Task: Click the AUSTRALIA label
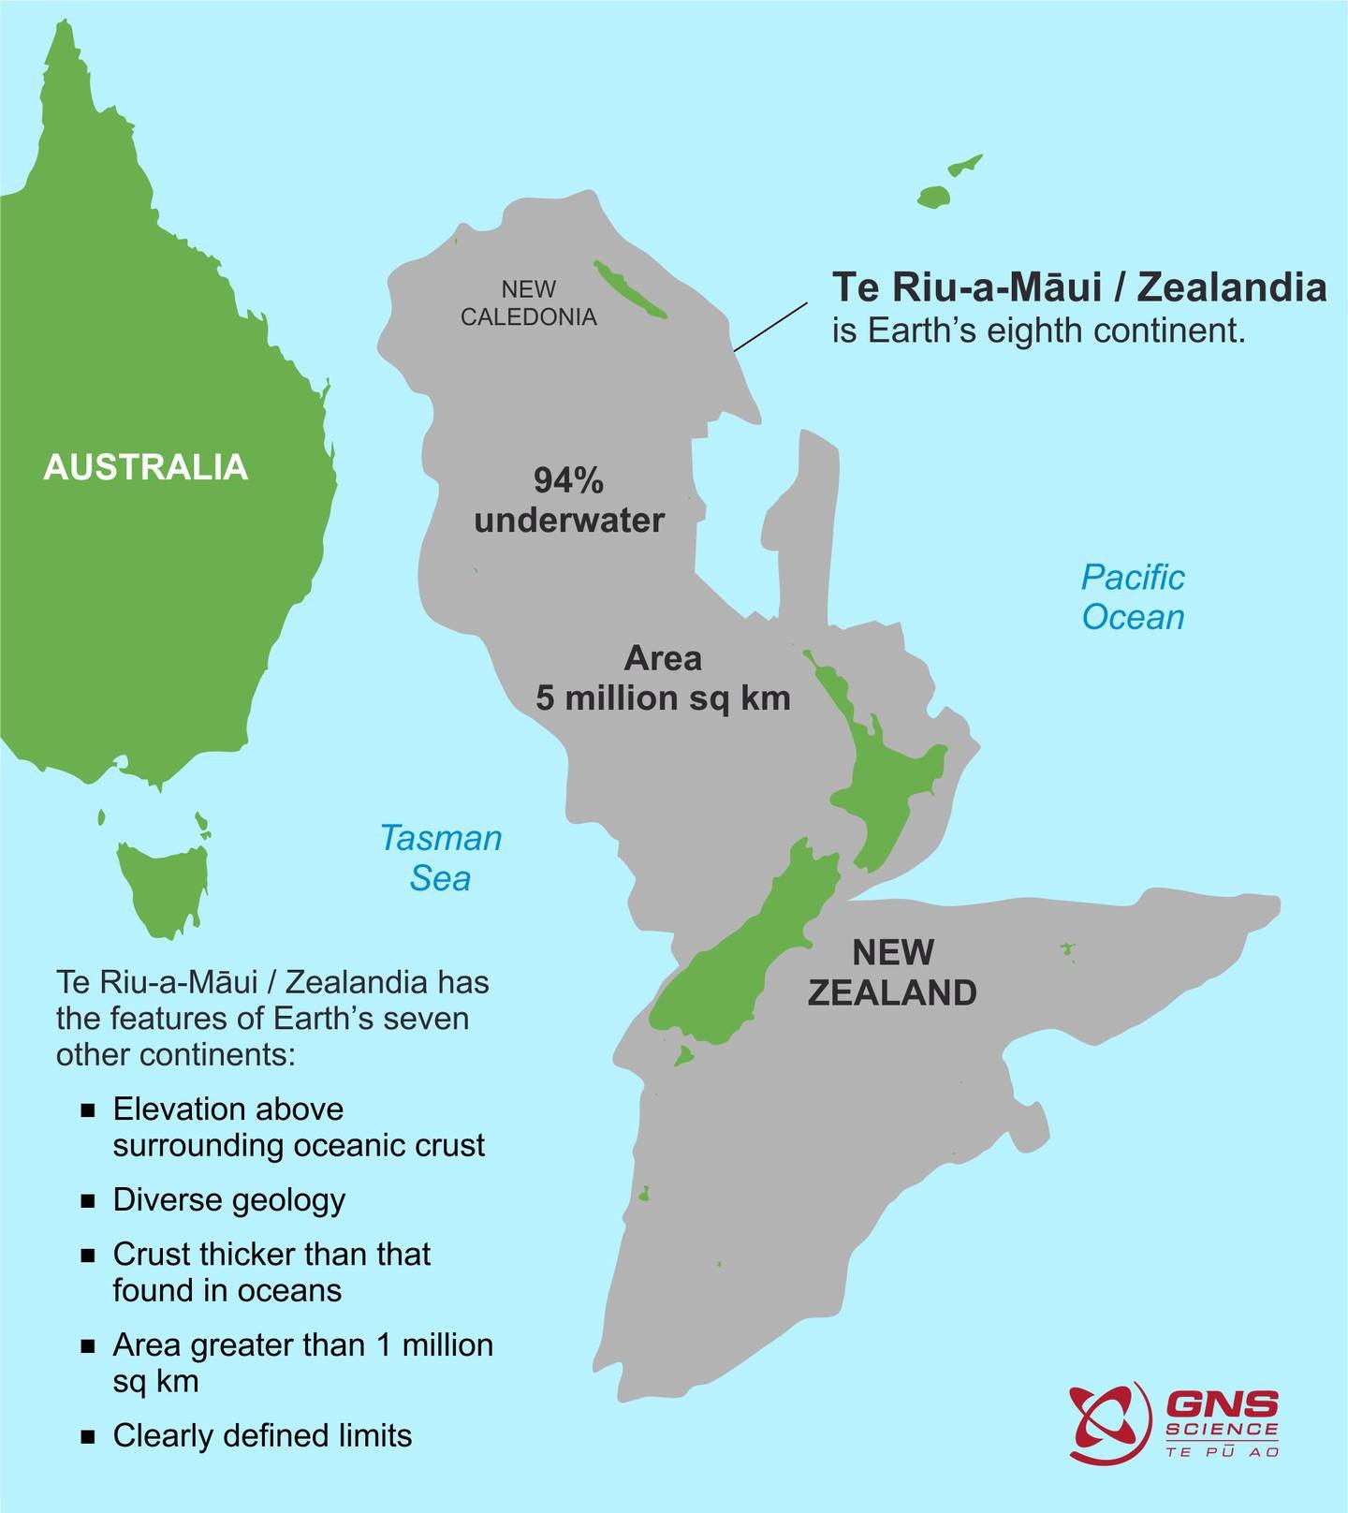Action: click(x=146, y=467)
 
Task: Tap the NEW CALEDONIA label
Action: click(x=528, y=302)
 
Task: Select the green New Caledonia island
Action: click(x=629, y=289)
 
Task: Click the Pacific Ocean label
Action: click(x=1133, y=597)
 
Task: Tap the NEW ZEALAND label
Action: click(x=892, y=972)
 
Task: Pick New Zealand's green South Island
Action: click(x=740, y=964)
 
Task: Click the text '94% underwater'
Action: click(x=568, y=500)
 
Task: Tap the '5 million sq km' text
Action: click(x=663, y=698)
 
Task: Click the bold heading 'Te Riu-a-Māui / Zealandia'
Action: click(x=1079, y=287)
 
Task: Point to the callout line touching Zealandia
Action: click(x=769, y=327)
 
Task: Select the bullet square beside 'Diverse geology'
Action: click(x=89, y=1201)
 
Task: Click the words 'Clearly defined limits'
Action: click(x=262, y=1435)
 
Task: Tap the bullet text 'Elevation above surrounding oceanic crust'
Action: click(x=298, y=1127)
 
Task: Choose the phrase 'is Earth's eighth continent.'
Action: click(x=1039, y=331)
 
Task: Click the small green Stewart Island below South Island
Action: click(x=684, y=1056)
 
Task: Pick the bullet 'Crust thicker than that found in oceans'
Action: click(x=271, y=1271)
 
